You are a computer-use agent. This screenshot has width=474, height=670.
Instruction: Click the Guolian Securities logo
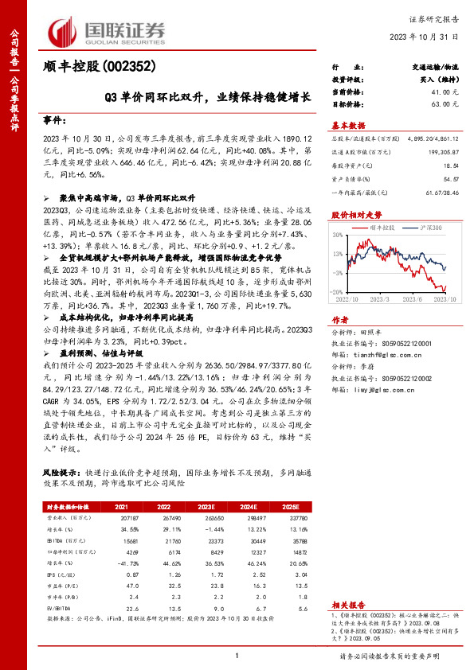pyautogui.click(x=108, y=30)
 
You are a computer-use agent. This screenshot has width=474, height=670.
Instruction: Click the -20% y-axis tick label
pyautogui.click(x=337, y=291)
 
